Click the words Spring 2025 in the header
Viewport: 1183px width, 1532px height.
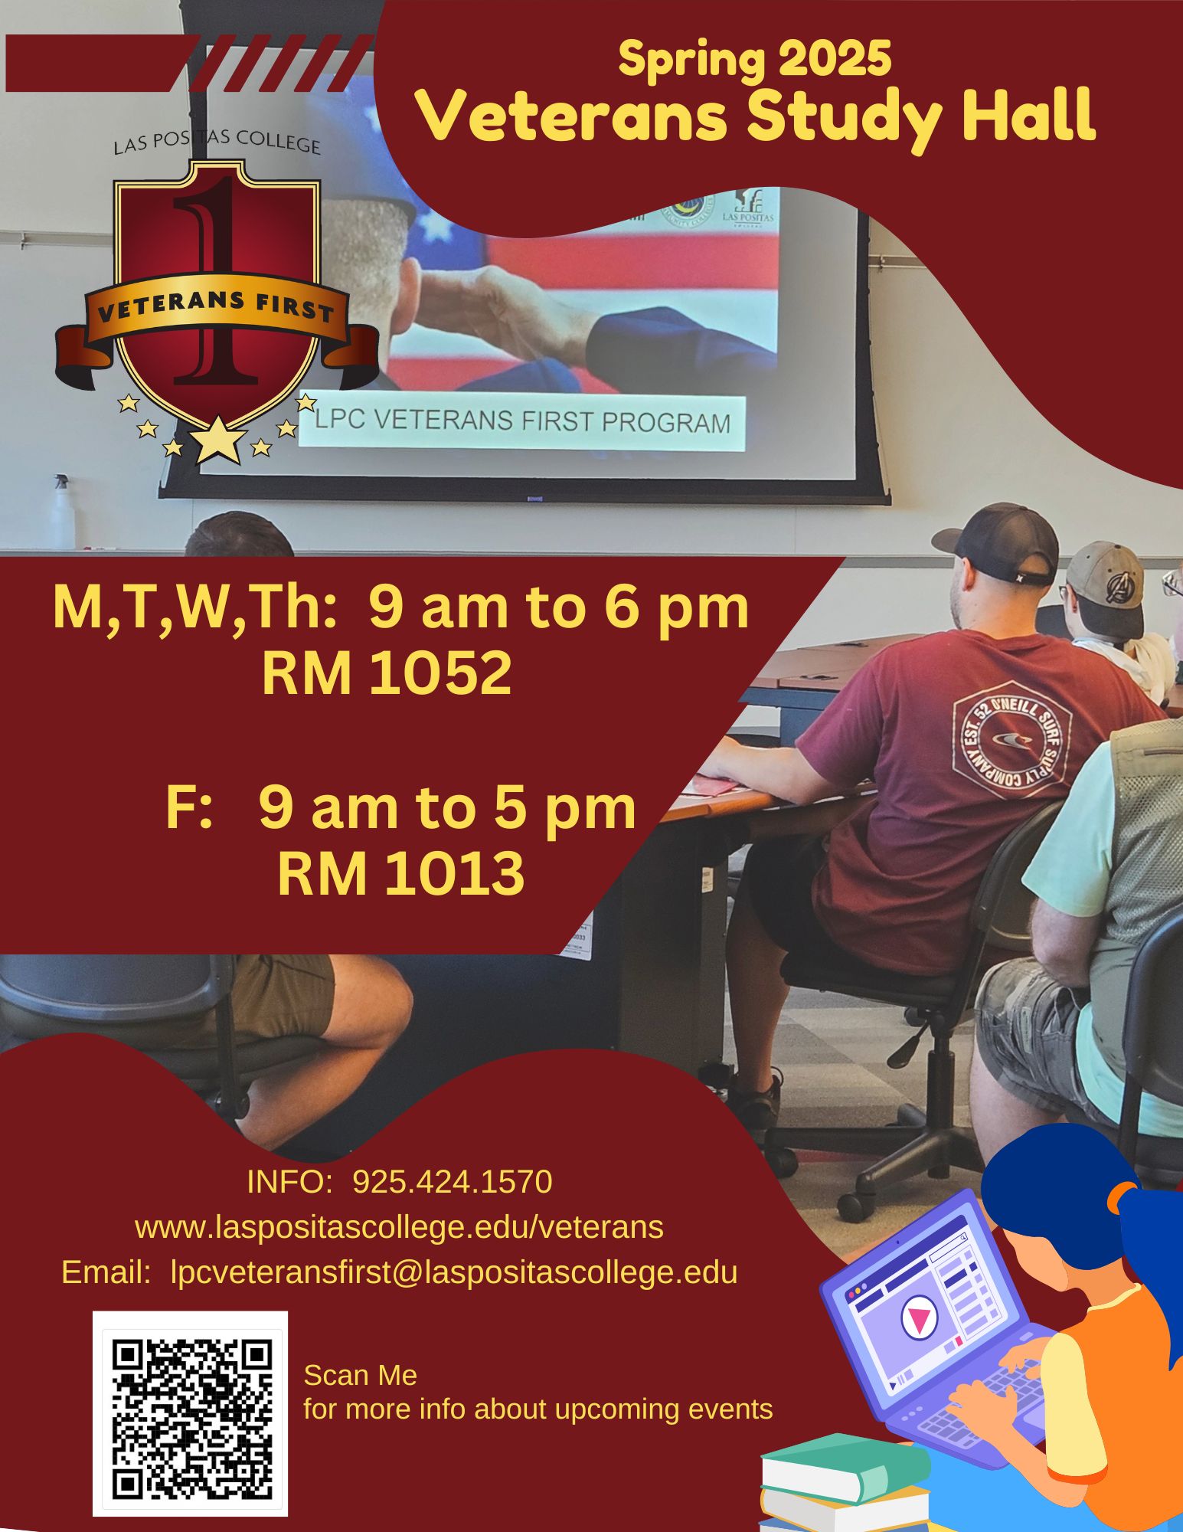pyautogui.click(x=754, y=60)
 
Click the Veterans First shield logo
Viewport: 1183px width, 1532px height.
pyautogui.click(x=217, y=303)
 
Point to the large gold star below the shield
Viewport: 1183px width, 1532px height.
pyautogui.click(x=219, y=440)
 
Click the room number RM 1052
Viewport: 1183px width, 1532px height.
pyautogui.click(x=387, y=674)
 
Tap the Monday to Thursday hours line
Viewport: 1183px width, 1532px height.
pyautogui.click(x=400, y=607)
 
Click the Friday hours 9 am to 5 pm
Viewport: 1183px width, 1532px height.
pyautogui.click(x=447, y=808)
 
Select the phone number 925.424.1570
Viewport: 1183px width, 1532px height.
pyautogui.click(x=453, y=1182)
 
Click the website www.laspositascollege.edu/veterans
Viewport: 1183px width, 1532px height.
pyautogui.click(x=399, y=1227)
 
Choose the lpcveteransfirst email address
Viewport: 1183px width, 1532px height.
pyautogui.click(x=454, y=1272)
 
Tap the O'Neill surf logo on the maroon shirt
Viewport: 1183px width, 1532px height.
pyautogui.click(x=1011, y=739)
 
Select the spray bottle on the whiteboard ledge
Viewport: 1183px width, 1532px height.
pyautogui.click(x=61, y=512)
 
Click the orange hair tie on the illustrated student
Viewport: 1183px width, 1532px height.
pyautogui.click(x=1125, y=1194)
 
